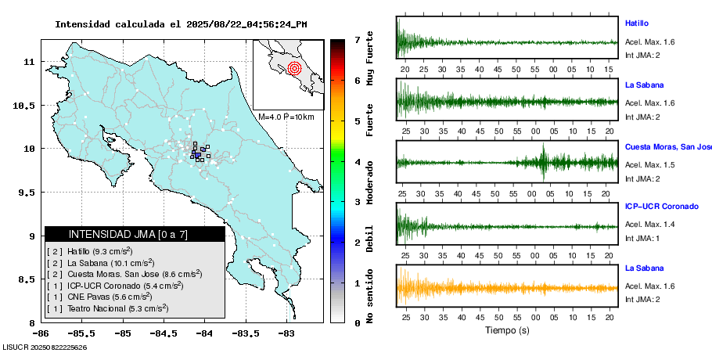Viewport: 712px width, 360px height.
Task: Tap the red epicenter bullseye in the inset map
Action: pyautogui.click(x=294, y=68)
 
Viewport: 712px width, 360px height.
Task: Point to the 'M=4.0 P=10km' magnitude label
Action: pyautogui.click(x=286, y=117)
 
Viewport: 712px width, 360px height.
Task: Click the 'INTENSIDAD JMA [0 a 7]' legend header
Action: pyautogui.click(x=128, y=234)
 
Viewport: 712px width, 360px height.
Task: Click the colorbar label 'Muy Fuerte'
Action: pyautogui.click(x=370, y=59)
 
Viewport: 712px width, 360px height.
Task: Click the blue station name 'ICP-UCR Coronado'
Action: pyautogui.click(x=661, y=207)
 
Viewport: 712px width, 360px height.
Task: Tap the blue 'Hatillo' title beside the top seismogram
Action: pyautogui.click(x=637, y=23)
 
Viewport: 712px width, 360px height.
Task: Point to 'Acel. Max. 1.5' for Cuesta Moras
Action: pyautogui.click(x=649, y=164)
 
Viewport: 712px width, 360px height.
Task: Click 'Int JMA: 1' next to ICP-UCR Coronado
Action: pyautogui.click(x=642, y=238)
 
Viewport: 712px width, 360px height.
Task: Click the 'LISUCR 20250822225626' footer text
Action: pyautogui.click(x=45, y=347)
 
